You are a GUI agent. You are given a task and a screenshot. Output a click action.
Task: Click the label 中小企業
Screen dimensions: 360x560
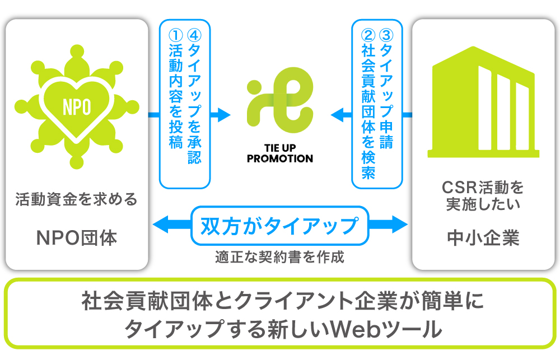[483, 238]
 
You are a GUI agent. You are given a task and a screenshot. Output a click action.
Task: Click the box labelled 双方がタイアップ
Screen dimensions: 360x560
[279, 225]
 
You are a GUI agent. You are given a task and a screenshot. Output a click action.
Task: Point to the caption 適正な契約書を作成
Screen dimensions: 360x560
[279, 258]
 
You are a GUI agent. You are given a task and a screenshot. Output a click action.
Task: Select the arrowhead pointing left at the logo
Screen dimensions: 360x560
[337, 115]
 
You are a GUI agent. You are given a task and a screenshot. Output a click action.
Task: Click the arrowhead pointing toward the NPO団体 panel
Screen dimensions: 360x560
[159, 225]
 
